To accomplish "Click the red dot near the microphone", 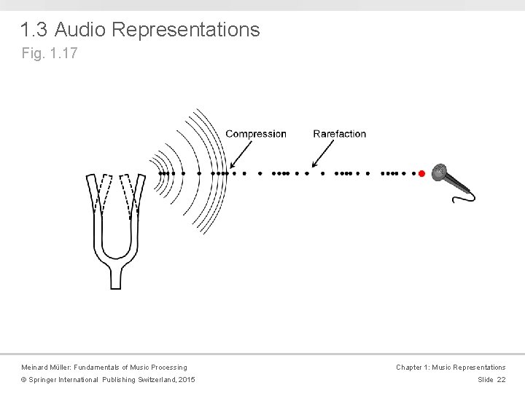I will click(x=421, y=173).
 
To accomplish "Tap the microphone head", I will click(x=440, y=172).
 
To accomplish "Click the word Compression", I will click(x=256, y=134).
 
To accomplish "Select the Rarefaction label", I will click(x=340, y=134).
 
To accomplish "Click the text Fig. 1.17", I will click(x=49, y=53).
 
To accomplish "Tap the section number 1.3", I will click(x=34, y=30).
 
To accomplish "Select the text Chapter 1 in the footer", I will click(x=413, y=368).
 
